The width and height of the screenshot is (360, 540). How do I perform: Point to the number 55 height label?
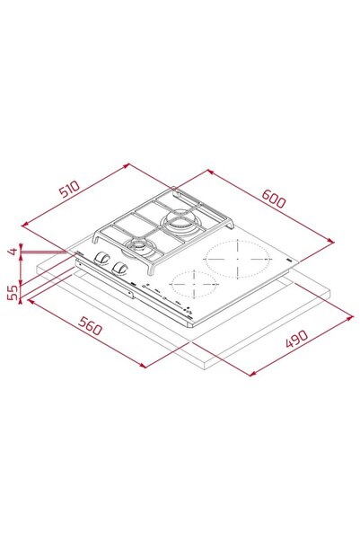click(x=13, y=293)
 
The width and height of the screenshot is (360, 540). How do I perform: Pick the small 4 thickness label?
click(x=13, y=252)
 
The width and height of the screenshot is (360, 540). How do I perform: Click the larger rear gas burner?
click(x=180, y=223)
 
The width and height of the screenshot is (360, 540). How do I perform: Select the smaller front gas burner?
click(x=139, y=247)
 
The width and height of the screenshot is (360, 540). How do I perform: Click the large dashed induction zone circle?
click(x=238, y=261)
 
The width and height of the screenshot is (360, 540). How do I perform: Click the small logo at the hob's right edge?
click(x=285, y=258)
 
